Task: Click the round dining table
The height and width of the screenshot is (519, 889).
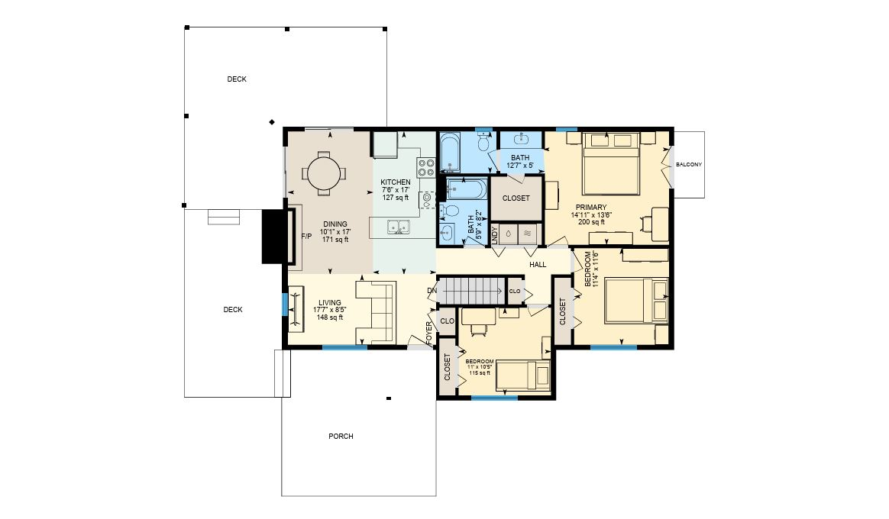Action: coord(324,172)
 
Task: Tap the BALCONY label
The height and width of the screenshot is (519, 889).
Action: coord(689,164)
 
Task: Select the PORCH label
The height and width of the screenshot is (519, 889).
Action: coord(341,437)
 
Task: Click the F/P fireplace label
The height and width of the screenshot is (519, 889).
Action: coord(306,237)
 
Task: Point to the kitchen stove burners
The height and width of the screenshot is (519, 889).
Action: coord(426,167)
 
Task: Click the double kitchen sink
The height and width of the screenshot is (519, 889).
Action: coord(399,227)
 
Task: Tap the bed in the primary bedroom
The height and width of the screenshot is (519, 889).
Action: coord(611,164)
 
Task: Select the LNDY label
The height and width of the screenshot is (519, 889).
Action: coord(494,235)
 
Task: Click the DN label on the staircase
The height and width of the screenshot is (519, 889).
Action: coord(432,291)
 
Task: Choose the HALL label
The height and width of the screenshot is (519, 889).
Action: coord(538,265)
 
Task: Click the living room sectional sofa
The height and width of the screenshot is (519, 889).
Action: coord(375,313)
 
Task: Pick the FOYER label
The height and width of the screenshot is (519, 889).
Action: coord(428,334)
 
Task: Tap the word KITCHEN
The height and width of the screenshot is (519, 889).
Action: coord(395,182)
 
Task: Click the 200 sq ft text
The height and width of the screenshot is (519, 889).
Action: coord(591,222)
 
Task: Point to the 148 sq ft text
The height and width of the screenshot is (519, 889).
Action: coord(329,318)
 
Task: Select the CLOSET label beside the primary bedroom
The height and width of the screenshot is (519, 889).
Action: coord(516,198)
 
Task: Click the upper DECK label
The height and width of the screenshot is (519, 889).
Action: coord(237,79)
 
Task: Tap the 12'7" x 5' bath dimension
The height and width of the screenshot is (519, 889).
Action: coord(520,166)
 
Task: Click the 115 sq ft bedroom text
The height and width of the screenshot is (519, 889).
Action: coord(480,372)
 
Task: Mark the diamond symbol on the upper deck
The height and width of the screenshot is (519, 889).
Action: coord(272,122)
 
